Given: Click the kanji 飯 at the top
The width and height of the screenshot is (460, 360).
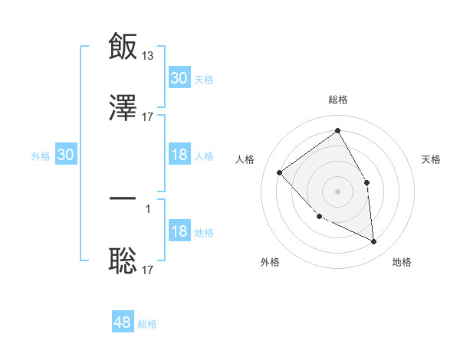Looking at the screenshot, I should click(123, 46).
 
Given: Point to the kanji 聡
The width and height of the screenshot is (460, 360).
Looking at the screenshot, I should click(123, 261).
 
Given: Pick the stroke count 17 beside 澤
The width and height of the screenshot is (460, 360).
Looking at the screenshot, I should click(148, 116).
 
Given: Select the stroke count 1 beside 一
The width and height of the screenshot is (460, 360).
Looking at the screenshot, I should click(148, 208).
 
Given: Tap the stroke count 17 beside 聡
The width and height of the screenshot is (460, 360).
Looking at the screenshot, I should click(148, 270).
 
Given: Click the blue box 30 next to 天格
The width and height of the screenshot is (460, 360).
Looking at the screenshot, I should click(179, 78).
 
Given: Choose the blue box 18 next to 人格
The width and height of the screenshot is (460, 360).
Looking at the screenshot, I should click(179, 155).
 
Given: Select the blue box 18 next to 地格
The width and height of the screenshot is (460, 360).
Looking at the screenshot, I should click(179, 231).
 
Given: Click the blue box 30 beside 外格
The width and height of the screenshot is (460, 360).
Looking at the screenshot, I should click(66, 155).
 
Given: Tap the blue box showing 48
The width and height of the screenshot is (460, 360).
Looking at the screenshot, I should click(123, 322).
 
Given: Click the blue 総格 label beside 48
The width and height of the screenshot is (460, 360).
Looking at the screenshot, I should click(147, 324).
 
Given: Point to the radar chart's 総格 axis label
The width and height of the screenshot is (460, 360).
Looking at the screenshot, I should click(338, 100).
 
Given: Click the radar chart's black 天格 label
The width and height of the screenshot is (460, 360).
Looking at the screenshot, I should click(432, 159).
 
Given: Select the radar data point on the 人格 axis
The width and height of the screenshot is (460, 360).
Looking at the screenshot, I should click(280, 172).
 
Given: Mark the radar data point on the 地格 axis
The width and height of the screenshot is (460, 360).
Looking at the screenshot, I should click(373, 241).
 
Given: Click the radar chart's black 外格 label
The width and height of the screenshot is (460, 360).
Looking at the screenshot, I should click(270, 262).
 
